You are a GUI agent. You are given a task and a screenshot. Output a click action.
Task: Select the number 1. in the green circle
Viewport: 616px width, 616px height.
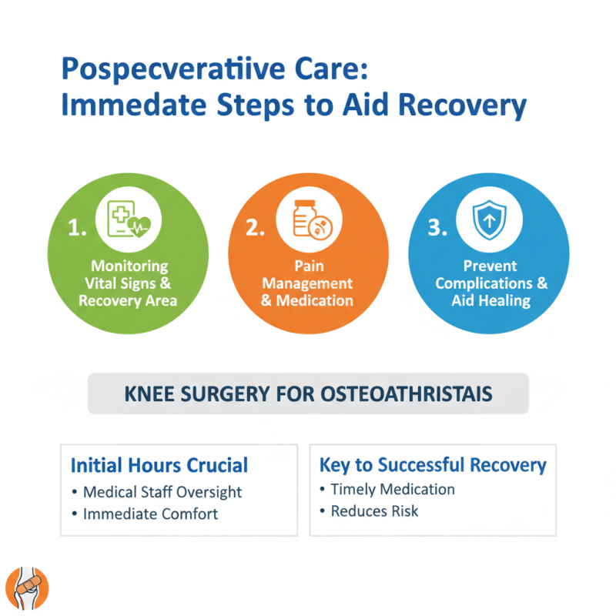pos(78,229)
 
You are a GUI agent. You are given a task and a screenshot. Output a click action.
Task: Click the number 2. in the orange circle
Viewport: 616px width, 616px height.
pos(255,229)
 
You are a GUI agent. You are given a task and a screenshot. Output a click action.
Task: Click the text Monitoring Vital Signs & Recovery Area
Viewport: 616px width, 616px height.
pos(128,283)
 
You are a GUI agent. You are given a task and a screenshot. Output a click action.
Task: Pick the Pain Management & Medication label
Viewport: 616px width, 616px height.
pos(307,283)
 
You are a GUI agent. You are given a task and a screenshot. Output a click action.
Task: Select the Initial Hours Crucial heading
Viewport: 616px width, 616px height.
pos(159,465)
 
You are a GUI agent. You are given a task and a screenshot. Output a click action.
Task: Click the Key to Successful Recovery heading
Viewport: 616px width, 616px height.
pos(433,465)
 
